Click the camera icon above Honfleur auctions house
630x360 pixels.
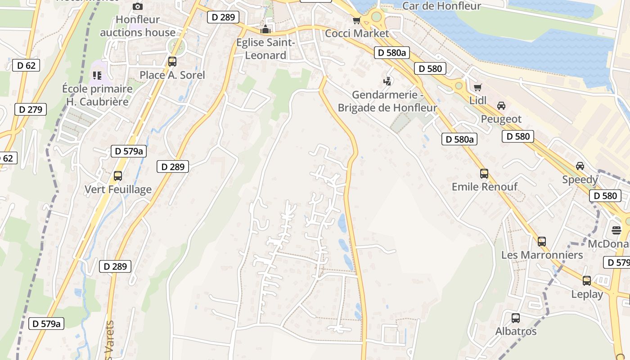138,6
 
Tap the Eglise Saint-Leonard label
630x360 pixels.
265,49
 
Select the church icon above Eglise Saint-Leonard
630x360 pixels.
265,30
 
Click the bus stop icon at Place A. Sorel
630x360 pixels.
172,62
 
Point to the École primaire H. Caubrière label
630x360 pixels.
97,95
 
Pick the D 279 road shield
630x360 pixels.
31,109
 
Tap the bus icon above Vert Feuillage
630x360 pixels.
118,176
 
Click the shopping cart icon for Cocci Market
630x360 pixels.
356,20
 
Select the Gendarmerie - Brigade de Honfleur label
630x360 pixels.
387,101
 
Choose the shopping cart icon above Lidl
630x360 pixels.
477,87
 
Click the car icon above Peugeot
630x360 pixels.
501,106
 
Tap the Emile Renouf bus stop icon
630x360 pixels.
484,173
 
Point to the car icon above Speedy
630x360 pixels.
580,166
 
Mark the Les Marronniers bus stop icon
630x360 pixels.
542,242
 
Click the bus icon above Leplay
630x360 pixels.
587,281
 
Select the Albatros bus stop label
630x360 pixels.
516,331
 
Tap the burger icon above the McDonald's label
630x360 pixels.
616,230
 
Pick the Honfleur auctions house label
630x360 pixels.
138,26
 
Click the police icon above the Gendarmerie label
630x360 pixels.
387,81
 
